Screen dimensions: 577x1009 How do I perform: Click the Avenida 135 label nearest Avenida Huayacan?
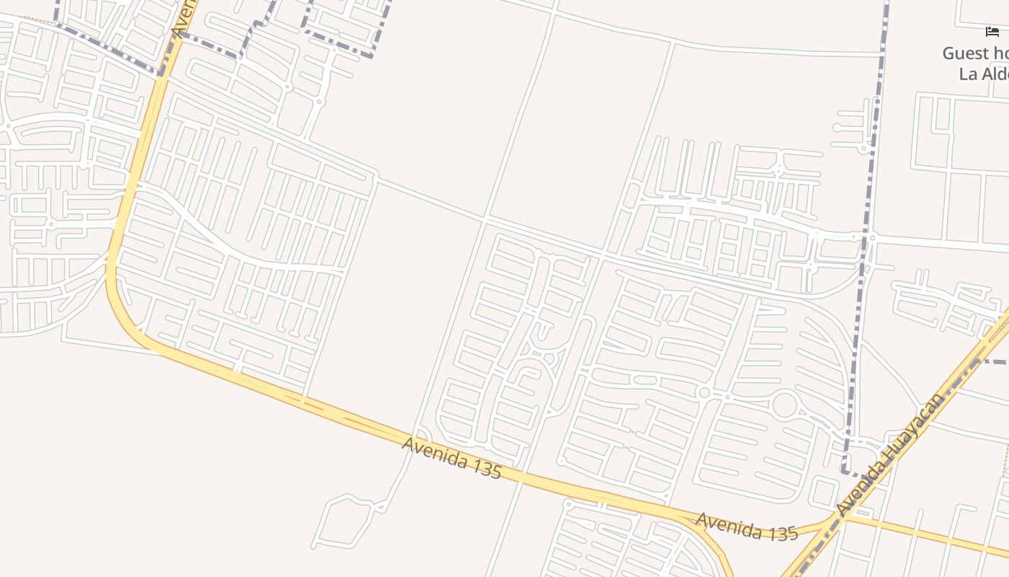click(746, 527)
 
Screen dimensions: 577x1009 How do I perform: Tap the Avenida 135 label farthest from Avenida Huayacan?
click(451, 457)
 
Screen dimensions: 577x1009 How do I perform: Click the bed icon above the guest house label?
click(992, 32)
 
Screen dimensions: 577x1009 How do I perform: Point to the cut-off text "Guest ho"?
click(975, 53)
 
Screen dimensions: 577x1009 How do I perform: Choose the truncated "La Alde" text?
click(983, 74)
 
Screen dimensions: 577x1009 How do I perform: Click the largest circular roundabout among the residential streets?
click(785, 405)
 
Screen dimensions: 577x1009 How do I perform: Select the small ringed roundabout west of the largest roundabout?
click(704, 392)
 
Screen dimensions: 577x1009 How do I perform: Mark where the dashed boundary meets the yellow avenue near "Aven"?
click(162, 72)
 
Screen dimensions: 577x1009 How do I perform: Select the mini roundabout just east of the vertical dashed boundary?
click(873, 237)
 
